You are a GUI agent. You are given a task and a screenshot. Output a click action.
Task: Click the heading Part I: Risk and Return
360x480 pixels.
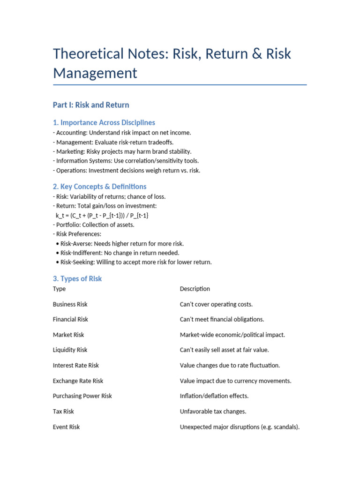click(91, 105)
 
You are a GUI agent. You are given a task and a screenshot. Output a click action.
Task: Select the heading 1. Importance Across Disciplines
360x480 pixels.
click(104, 122)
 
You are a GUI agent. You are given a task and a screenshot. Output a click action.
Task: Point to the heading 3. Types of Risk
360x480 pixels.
click(77, 278)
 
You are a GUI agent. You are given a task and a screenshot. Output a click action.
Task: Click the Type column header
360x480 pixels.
click(60, 289)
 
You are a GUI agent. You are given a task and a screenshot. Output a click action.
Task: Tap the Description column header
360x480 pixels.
click(195, 289)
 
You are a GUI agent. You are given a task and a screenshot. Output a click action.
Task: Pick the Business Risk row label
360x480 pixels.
click(70, 304)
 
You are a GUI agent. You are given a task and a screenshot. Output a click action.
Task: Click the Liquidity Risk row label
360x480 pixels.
click(70, 350)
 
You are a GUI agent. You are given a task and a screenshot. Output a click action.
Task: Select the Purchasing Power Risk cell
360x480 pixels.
click(82, 396)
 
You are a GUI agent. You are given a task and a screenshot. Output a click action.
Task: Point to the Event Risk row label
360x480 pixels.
click(67, 427)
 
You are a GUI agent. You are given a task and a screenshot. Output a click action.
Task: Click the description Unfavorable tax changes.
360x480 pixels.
click(213, 411)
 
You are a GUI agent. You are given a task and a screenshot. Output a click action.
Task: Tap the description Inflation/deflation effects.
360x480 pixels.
click(214, 396)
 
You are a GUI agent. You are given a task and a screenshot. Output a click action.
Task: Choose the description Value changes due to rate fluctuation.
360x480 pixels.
click(230, 365)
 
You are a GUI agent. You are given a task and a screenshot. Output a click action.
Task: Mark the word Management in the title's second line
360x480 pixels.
click(95, 73)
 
